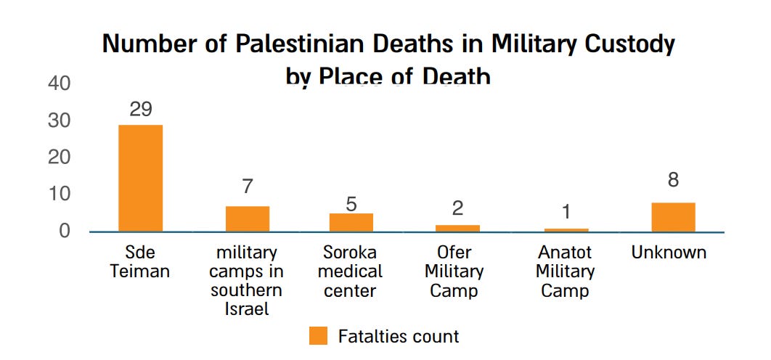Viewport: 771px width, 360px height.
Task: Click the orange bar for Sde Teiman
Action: (141, 178)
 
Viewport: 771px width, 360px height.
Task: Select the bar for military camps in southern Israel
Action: (248, 218)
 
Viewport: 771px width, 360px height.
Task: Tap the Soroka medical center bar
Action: (351, 222)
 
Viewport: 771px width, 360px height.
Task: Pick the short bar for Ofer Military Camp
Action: (458, 228)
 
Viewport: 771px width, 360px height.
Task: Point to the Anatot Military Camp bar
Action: (566, 230)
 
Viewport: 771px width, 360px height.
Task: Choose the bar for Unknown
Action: (673, 217)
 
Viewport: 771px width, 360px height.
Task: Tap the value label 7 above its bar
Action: (248, 187)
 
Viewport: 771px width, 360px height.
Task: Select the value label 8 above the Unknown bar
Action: (674, 180)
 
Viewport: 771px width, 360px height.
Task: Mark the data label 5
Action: (351, 203)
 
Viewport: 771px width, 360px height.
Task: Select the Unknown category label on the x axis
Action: (669, 253)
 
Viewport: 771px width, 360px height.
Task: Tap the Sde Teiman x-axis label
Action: (140, 262)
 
